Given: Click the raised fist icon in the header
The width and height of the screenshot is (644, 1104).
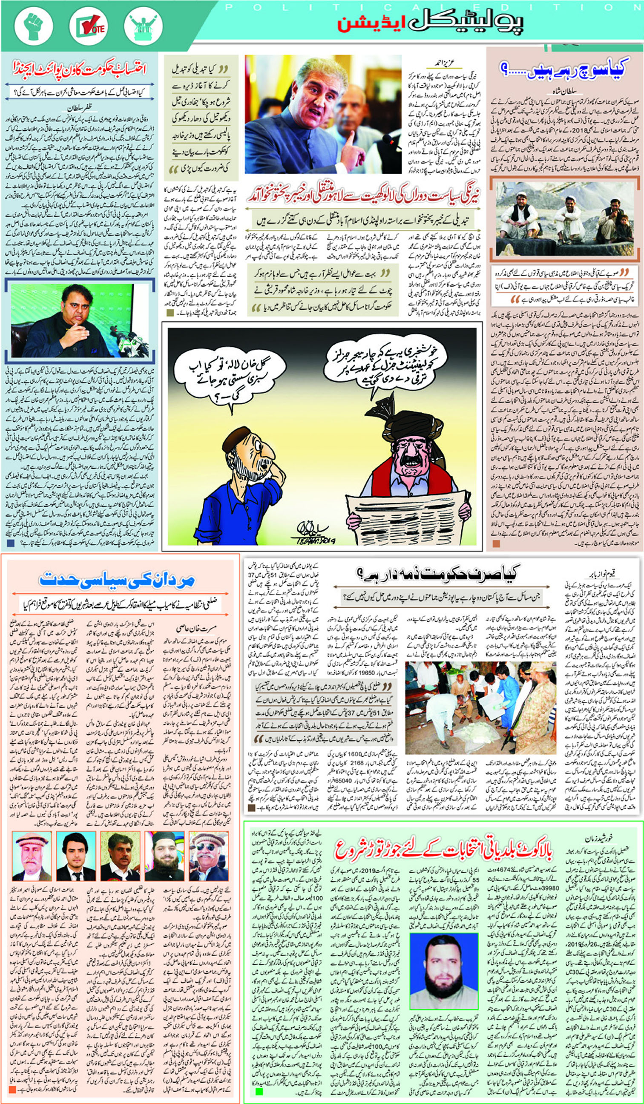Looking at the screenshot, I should [33, 26].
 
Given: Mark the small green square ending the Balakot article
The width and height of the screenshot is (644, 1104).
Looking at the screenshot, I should [259, 1091].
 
